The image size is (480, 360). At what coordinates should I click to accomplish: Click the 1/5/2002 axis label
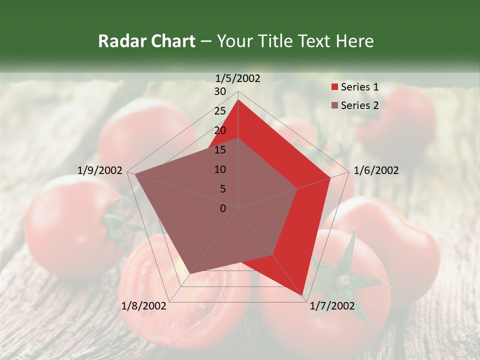point(238,78)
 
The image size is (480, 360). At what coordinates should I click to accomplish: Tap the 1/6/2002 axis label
point(376,170)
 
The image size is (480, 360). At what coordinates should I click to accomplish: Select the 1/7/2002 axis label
point(332,306)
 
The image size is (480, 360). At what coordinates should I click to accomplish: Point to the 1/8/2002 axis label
point(144,306)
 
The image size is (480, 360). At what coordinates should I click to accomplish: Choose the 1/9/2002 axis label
point(100,170)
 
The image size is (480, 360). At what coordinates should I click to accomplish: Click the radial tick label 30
point(220,91)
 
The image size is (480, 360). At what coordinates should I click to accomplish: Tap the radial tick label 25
point(220,111)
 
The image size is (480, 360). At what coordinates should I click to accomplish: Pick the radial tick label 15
point(220,150)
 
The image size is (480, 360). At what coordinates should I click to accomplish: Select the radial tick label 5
point(222,189)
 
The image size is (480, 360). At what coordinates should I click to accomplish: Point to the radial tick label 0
point(223,208)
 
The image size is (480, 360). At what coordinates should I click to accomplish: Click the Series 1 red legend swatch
point(334,87)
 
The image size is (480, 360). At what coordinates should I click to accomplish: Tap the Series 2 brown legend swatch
point(334,105)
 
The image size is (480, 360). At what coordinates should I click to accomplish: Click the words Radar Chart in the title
point(146,41)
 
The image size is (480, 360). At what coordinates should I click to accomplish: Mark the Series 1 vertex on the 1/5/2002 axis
point(238,99)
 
